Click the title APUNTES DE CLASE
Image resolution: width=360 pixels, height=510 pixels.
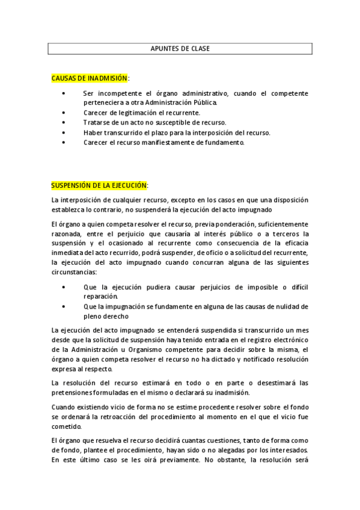180,49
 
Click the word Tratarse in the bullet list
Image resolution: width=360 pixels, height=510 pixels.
96,122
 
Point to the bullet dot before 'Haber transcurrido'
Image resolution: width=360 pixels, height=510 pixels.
64,132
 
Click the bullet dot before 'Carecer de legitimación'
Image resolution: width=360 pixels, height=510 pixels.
64,112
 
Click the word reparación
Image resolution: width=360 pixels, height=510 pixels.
100,296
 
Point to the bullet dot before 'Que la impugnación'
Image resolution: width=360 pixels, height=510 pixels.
64,307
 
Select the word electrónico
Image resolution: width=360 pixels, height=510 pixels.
290,340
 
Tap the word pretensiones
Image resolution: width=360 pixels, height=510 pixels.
74,393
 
